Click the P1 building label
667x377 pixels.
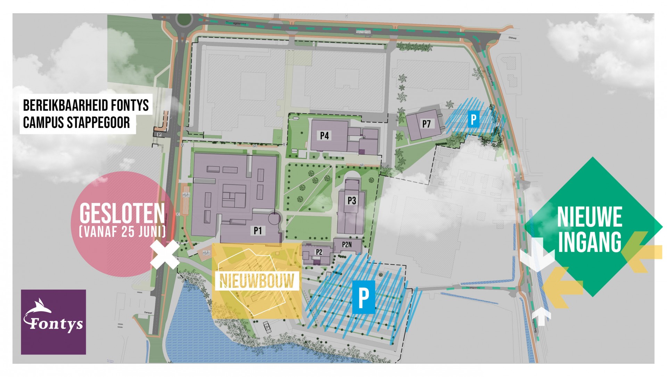257,231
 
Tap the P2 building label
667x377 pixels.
319,252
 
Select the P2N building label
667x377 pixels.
347,245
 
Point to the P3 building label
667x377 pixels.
352,201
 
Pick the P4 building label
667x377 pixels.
324,136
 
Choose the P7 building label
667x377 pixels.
426,124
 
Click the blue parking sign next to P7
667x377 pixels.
473,119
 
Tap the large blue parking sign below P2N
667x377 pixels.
363,297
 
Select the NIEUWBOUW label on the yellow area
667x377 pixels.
257,281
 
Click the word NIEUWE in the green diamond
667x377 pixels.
590,217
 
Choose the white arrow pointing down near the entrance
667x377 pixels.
537,254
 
